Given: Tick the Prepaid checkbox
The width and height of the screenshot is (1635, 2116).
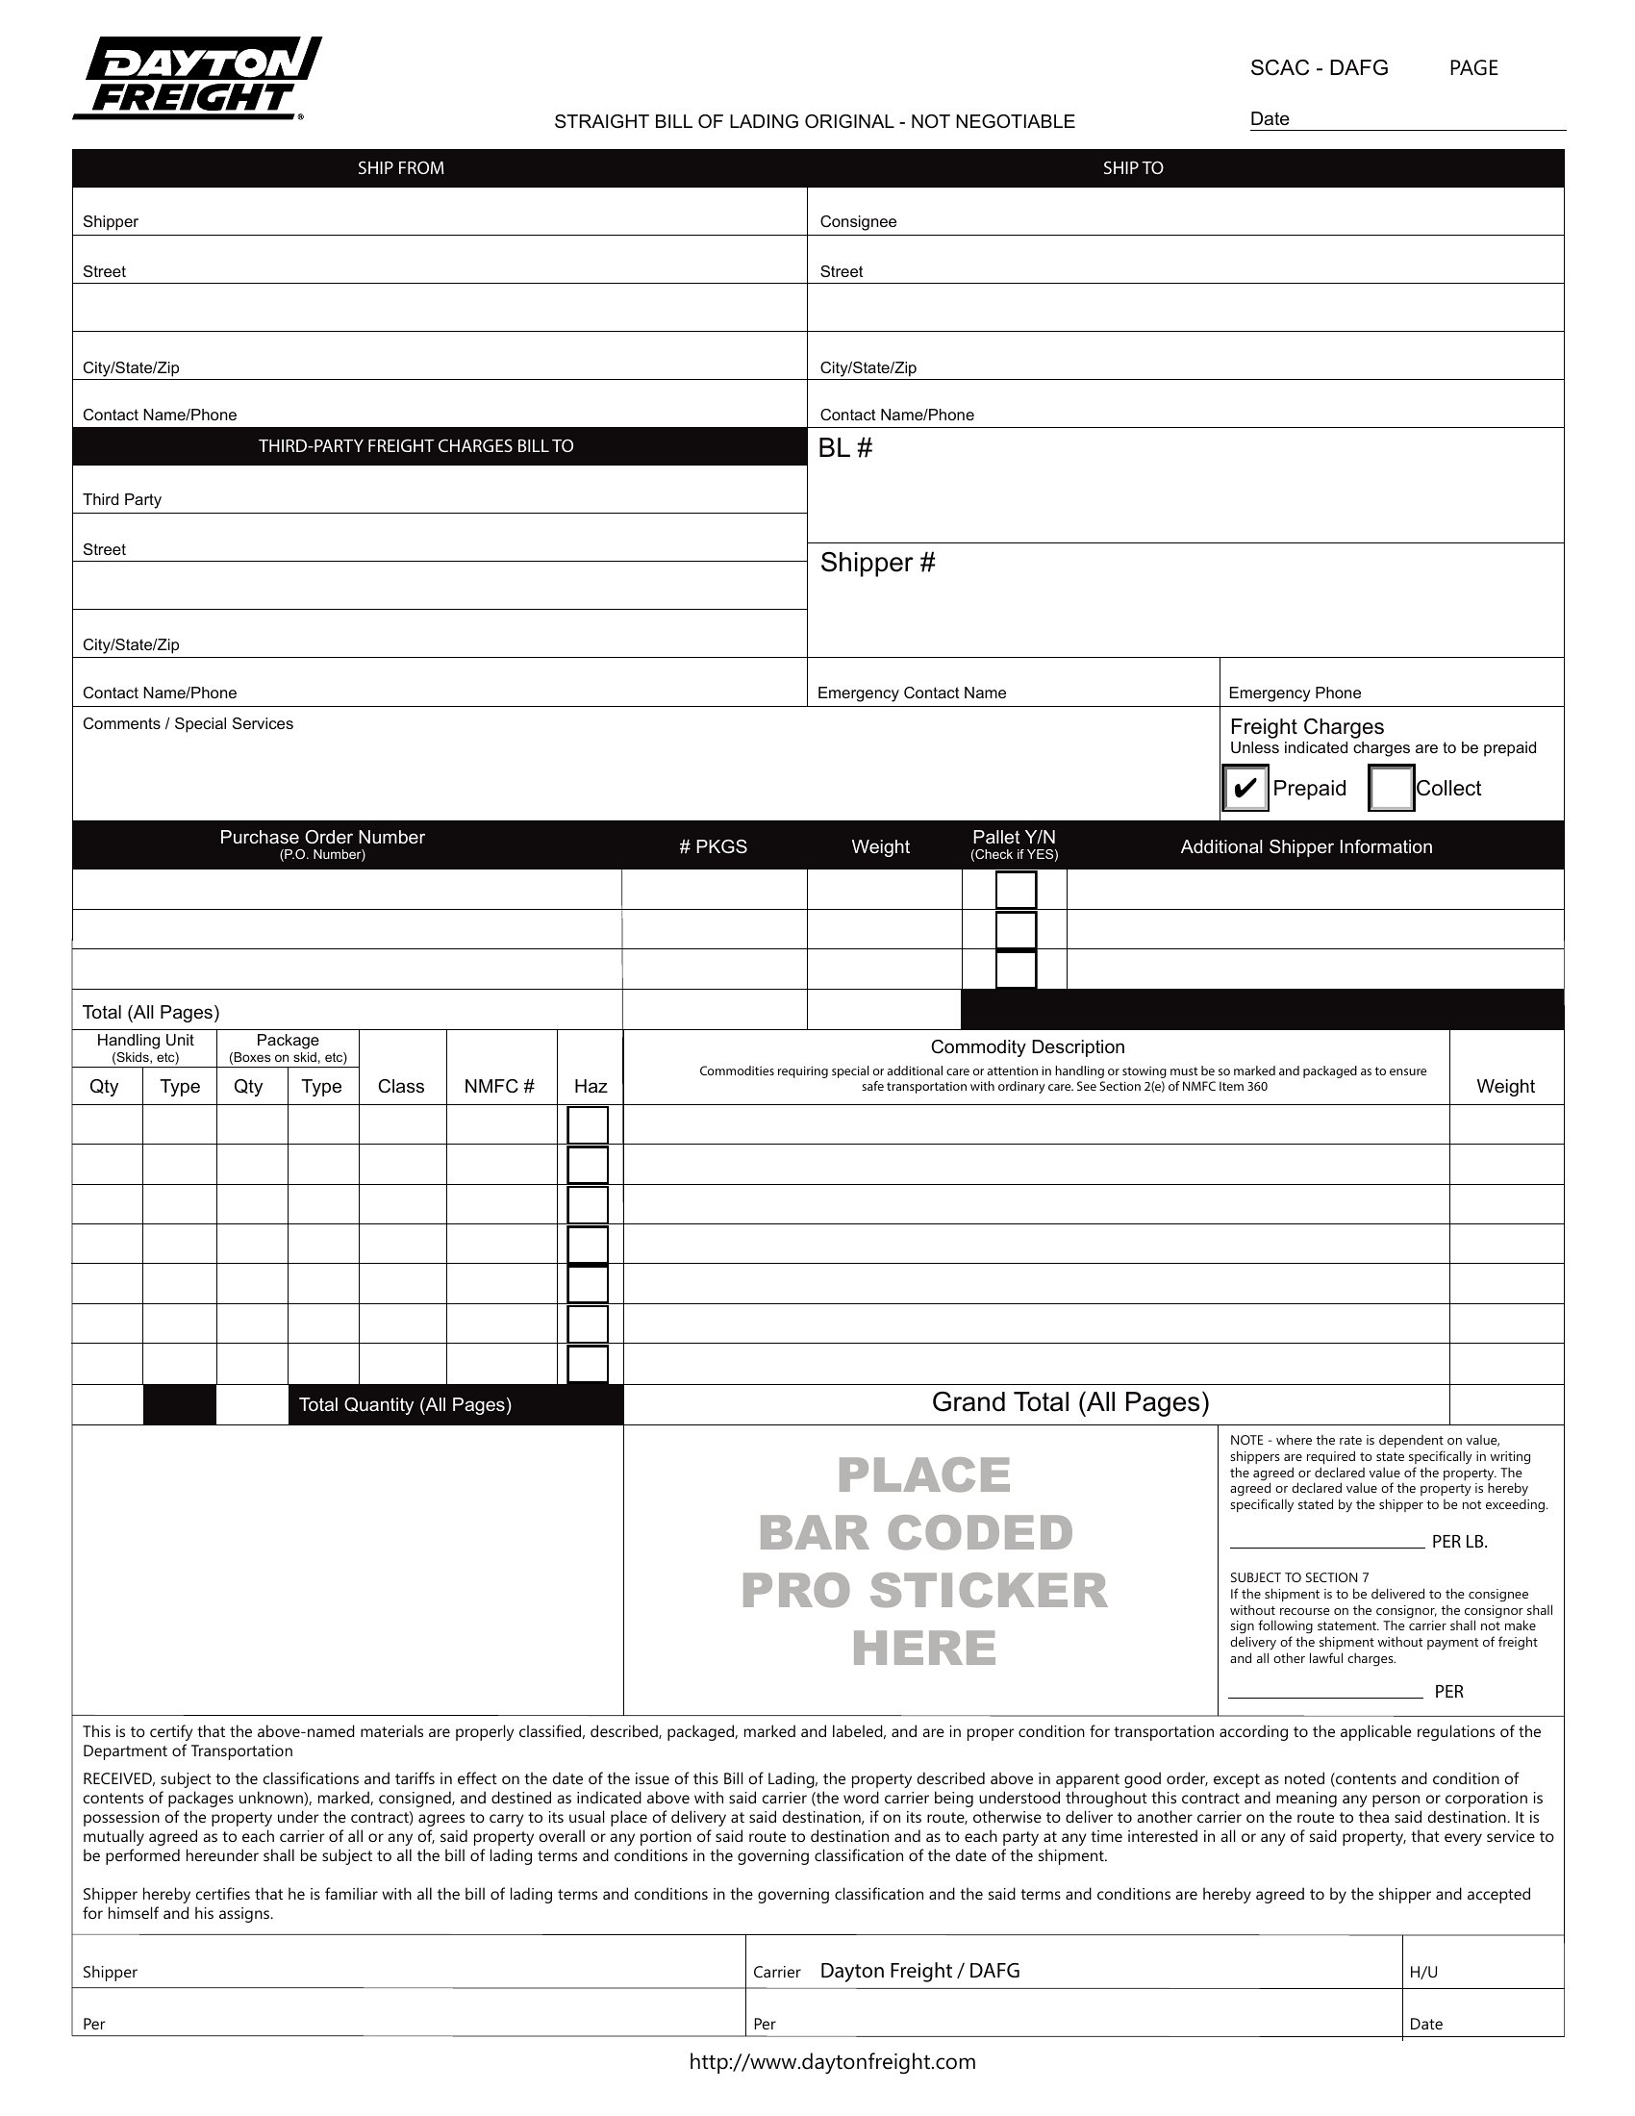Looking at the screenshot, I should [x=1245, y=788].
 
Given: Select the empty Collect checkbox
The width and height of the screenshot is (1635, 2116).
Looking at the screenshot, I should [x=1391, y=788].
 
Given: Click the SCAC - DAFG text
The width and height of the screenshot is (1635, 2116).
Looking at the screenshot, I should [x=1319, y=68].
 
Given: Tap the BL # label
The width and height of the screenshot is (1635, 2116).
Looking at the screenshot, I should [x=844, y=447].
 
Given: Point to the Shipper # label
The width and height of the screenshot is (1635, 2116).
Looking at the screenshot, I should [x=877, y=563].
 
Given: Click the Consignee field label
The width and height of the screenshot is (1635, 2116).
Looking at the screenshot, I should [x=858, y=222].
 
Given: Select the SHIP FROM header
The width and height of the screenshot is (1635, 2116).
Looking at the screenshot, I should [x=400, y=168].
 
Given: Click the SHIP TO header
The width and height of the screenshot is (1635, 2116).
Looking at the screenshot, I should [x=1132, y=168].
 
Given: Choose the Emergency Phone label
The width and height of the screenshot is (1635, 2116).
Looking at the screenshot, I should [x=1294, y=693].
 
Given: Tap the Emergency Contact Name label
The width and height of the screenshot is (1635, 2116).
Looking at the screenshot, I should [x=912, y=693].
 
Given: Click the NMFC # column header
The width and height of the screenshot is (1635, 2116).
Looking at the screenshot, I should [x=499, y=1086].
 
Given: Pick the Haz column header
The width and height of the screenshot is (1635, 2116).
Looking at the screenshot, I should [x=590, y=1086].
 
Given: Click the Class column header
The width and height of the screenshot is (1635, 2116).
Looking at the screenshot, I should [x=401, y=1086].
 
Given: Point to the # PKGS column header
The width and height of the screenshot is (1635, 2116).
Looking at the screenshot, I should [x=713, y=846].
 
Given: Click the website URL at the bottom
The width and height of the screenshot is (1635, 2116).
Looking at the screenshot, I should [x=832, y=2062].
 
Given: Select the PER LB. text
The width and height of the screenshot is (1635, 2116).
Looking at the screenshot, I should [x=1459, y=1542].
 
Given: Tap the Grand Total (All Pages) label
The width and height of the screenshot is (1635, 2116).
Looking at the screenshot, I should [x=1070, y=1402].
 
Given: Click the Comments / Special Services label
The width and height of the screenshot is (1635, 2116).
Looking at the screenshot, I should [x=188, y=723].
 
